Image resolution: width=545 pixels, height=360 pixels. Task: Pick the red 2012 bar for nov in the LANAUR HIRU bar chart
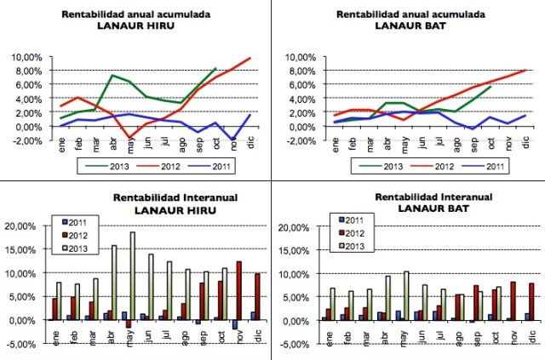(239, 291)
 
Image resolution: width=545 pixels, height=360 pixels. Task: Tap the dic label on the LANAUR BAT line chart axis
(524, 141)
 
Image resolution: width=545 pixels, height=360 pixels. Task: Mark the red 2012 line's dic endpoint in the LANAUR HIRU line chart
(250, 58)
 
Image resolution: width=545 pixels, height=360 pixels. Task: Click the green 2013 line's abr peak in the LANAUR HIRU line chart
(112, 76)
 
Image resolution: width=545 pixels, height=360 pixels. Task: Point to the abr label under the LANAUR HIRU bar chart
(112, 334)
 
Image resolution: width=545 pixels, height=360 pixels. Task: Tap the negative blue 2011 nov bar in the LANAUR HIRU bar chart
(234, 324)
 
